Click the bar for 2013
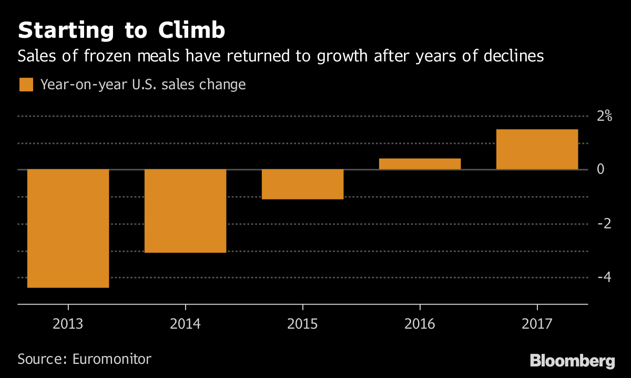coord(68,228)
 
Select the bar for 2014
coord(185,211)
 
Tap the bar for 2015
coord(302,184)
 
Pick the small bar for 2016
coord(420,164)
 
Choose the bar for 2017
coord(537,150)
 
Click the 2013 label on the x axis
coord(68,323)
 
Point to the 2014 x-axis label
coord(185,323)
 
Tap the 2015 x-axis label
coord(302,323)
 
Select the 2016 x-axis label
coord(420,323)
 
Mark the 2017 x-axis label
coord(537,323)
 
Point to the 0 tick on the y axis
coord(599,170)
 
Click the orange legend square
coord(26,85)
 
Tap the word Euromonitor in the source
coord(111,359)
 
